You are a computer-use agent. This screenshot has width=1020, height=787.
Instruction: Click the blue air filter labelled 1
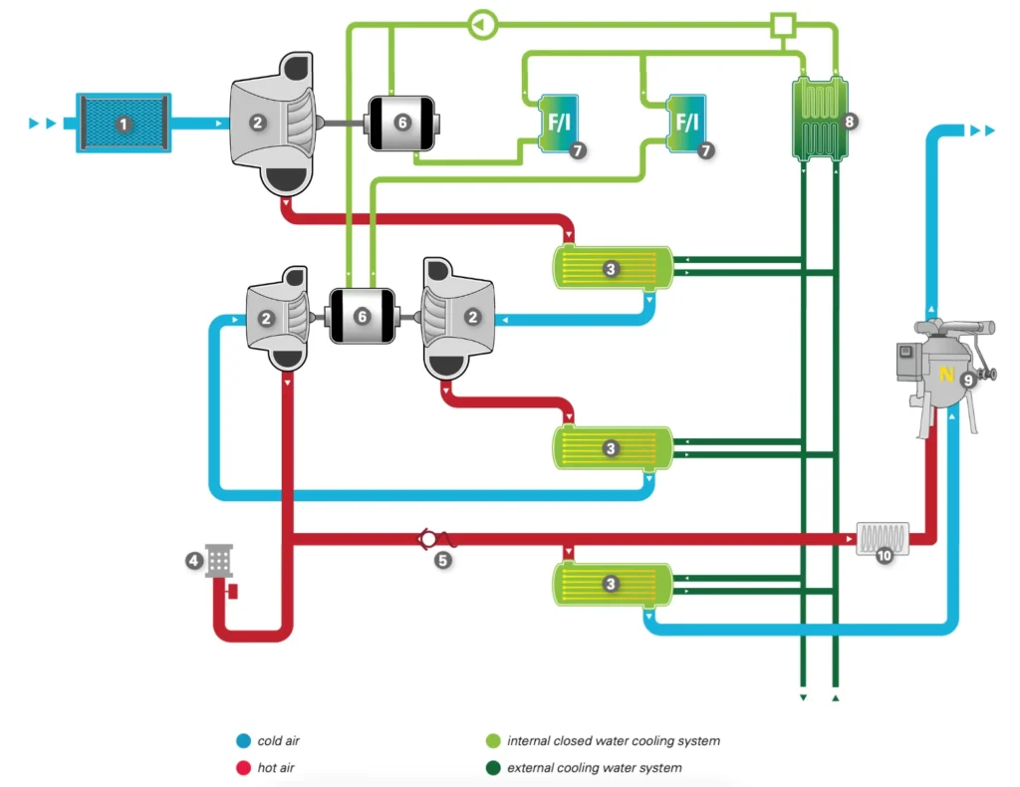[x=123, y=124]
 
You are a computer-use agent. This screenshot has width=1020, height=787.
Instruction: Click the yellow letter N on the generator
[x=946, y=374]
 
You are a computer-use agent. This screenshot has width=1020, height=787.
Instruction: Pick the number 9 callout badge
[x=967, y=379]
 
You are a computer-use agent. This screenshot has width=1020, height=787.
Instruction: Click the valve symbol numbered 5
[x=429, y=539]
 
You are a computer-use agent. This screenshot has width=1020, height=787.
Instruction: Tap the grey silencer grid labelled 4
[x=219, y=560]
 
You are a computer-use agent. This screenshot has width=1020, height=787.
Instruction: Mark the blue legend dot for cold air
[x=242, y=741]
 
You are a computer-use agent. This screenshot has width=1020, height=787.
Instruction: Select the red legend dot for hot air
[x=242, y=768]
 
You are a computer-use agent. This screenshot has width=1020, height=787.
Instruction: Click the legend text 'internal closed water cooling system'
[x=613, y=741]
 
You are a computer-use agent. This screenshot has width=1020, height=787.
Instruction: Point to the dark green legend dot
[x=492, y=768]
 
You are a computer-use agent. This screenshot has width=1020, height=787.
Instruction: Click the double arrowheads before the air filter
[x=42, y=124]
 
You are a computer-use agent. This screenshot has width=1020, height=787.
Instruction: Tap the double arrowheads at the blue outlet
[x=982, y=131]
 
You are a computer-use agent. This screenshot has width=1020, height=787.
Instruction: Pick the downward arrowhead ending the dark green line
[x=803, y=697]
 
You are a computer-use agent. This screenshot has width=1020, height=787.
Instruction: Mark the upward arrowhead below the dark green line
[x=835, y=697]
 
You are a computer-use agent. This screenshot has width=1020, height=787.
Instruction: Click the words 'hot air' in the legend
[x=276, y=768]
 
